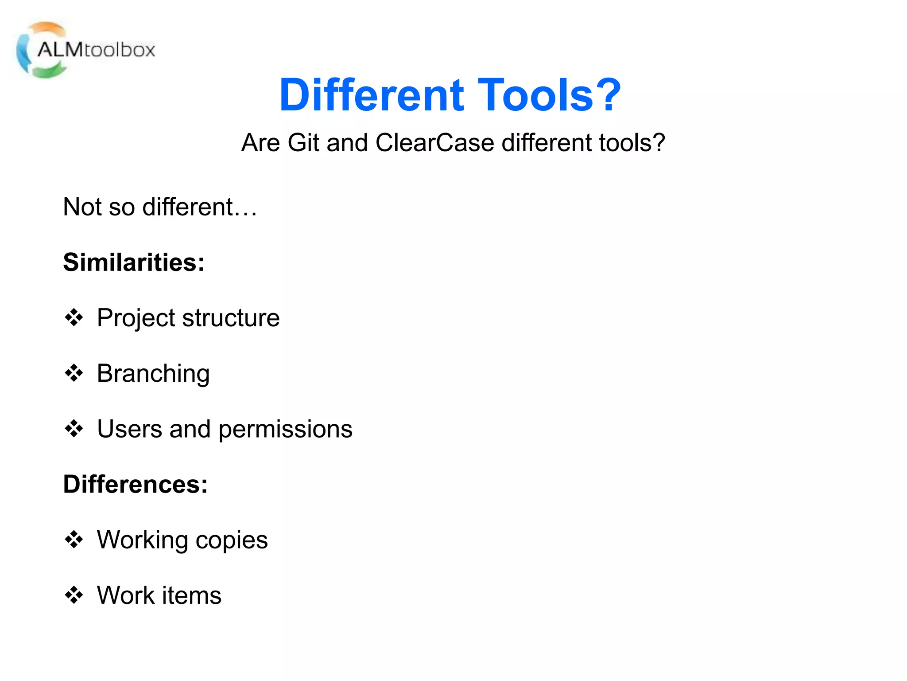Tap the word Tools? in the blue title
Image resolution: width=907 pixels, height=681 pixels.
tap(549, 95)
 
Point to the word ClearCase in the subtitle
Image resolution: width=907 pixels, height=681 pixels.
tap(434, 143)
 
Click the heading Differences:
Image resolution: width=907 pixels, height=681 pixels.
tap(135, 484)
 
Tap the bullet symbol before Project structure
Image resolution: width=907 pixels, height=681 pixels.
tap(74, 317)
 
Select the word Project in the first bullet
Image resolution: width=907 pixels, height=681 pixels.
tap(136, 318)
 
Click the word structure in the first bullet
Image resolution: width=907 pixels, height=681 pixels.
tap(231, 318)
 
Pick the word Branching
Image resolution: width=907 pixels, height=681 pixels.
tap(153, 374)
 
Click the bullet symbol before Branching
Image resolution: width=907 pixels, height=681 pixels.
tap(74, 373)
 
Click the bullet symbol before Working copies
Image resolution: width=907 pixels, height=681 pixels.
tap(74, 539)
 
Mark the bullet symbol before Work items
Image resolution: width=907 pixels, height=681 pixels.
tap(74, 595)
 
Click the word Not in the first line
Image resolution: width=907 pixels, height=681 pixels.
tap(82, 207)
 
